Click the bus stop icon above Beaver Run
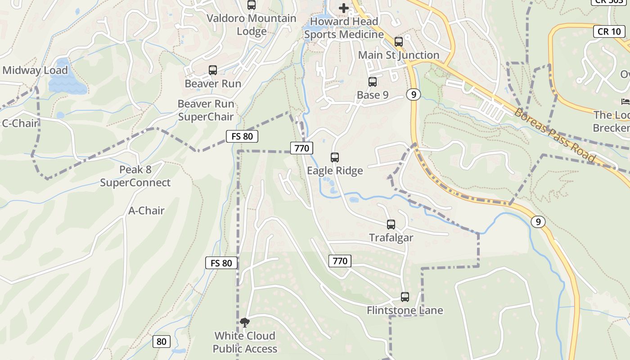click(213, 70)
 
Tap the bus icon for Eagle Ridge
click(335, 157)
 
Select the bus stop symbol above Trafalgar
click(391, 224)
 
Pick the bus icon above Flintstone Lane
click(405, 297)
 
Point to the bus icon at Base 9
click(373, 82)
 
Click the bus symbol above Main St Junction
click(399, 42)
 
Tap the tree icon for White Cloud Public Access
click(245, 322)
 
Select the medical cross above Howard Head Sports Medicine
click(344, 8)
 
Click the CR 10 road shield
click(609, 31)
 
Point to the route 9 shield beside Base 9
click(413, 94)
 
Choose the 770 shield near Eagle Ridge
click(301, 148)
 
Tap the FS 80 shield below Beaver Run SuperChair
click(242, 136)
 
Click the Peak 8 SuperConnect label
click(135, 176)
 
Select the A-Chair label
click(146, 210)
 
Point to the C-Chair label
click(20, 123)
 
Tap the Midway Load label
click(35, 70)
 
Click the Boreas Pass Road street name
click(555, 135)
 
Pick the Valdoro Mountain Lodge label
click(251, 25)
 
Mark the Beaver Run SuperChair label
click(206, 110)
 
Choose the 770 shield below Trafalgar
click(340, 261)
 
